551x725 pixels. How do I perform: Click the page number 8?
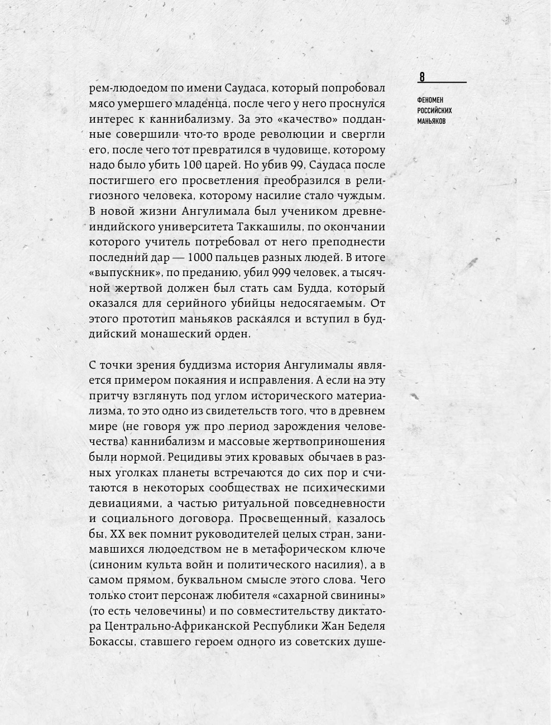(x=422, y=77)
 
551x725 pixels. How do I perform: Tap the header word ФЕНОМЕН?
(x=430, y=100)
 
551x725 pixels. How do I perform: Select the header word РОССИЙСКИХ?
(x=434, y=110)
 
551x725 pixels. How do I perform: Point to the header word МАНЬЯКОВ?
(x=432, y=121)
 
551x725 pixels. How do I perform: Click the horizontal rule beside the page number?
(x=447, y=82)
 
